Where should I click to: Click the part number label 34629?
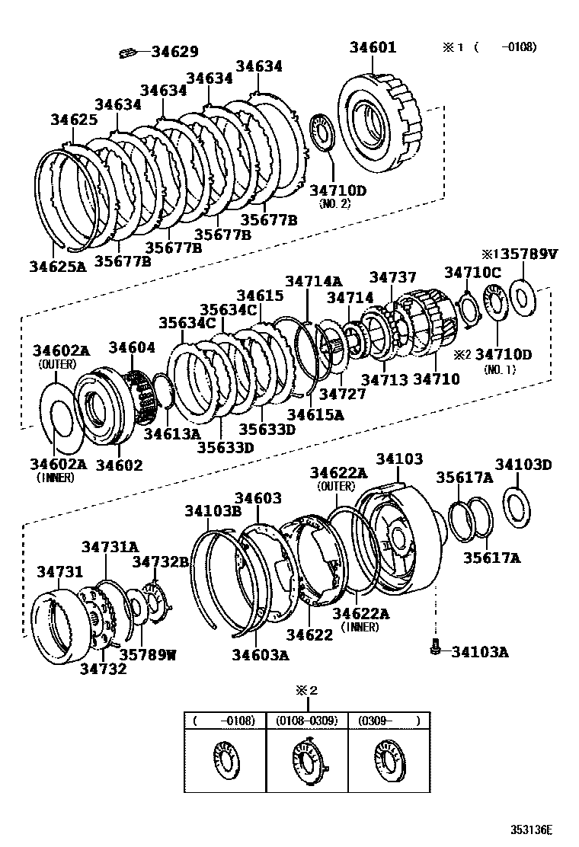coord(174,52)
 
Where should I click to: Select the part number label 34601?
coord(373,46)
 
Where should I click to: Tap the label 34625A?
coord(59,266)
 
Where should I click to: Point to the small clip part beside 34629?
coord(128,53)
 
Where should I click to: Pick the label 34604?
coord(131,347)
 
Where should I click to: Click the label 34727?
coord(342,394)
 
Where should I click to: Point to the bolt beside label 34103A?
coord(435,648)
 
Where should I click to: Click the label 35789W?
coord(147,653)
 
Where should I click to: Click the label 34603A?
coord(261,654)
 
